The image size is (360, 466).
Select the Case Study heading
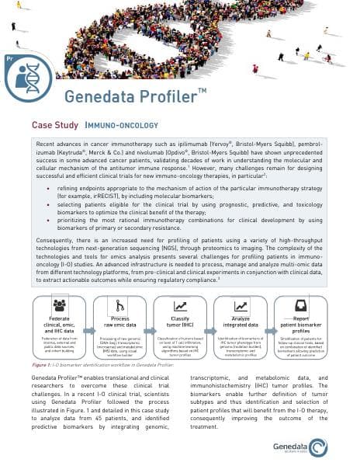[x=53, y=124]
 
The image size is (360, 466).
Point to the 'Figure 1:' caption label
[x=42, y=363]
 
